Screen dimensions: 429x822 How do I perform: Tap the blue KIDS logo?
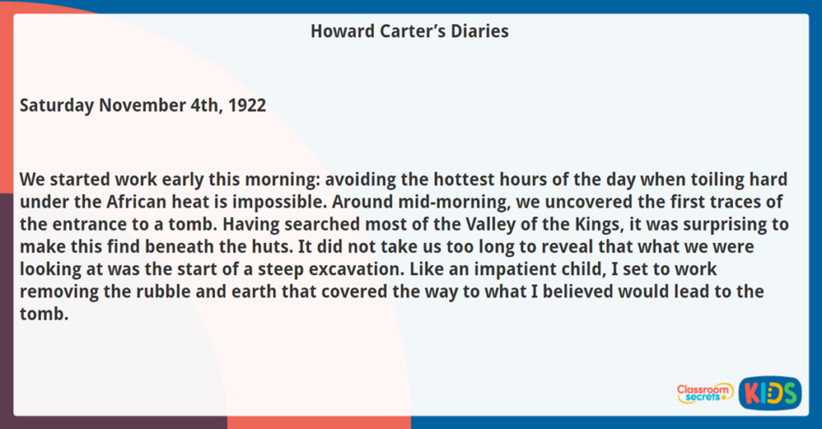pos(770,392)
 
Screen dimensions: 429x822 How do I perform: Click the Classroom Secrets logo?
pos(704,392)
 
